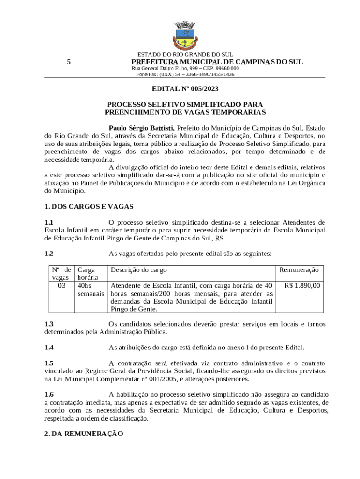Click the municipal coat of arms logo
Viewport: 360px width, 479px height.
coord(185,35)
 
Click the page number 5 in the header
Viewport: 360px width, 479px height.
coord(69,62)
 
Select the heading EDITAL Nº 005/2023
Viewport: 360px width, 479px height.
coord(185,88)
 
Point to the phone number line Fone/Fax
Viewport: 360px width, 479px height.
coord(185,74)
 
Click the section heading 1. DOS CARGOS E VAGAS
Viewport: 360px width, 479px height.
coord(89,206)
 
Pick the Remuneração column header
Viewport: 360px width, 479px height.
coord(299,270)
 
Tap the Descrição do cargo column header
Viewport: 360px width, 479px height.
coord(138,270)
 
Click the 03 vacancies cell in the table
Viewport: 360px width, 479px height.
coord(61,285)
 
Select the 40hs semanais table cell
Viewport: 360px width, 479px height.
coord(91,290)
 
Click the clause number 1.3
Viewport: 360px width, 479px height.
coord(49,324)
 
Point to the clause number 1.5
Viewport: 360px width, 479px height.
coord(49,363)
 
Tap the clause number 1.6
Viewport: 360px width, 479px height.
coord(49,394)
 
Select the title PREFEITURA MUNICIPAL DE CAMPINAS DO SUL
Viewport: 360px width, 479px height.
coord(217,62)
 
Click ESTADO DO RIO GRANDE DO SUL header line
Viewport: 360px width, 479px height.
coord(185,55)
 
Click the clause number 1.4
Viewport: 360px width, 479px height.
coord(49,348)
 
